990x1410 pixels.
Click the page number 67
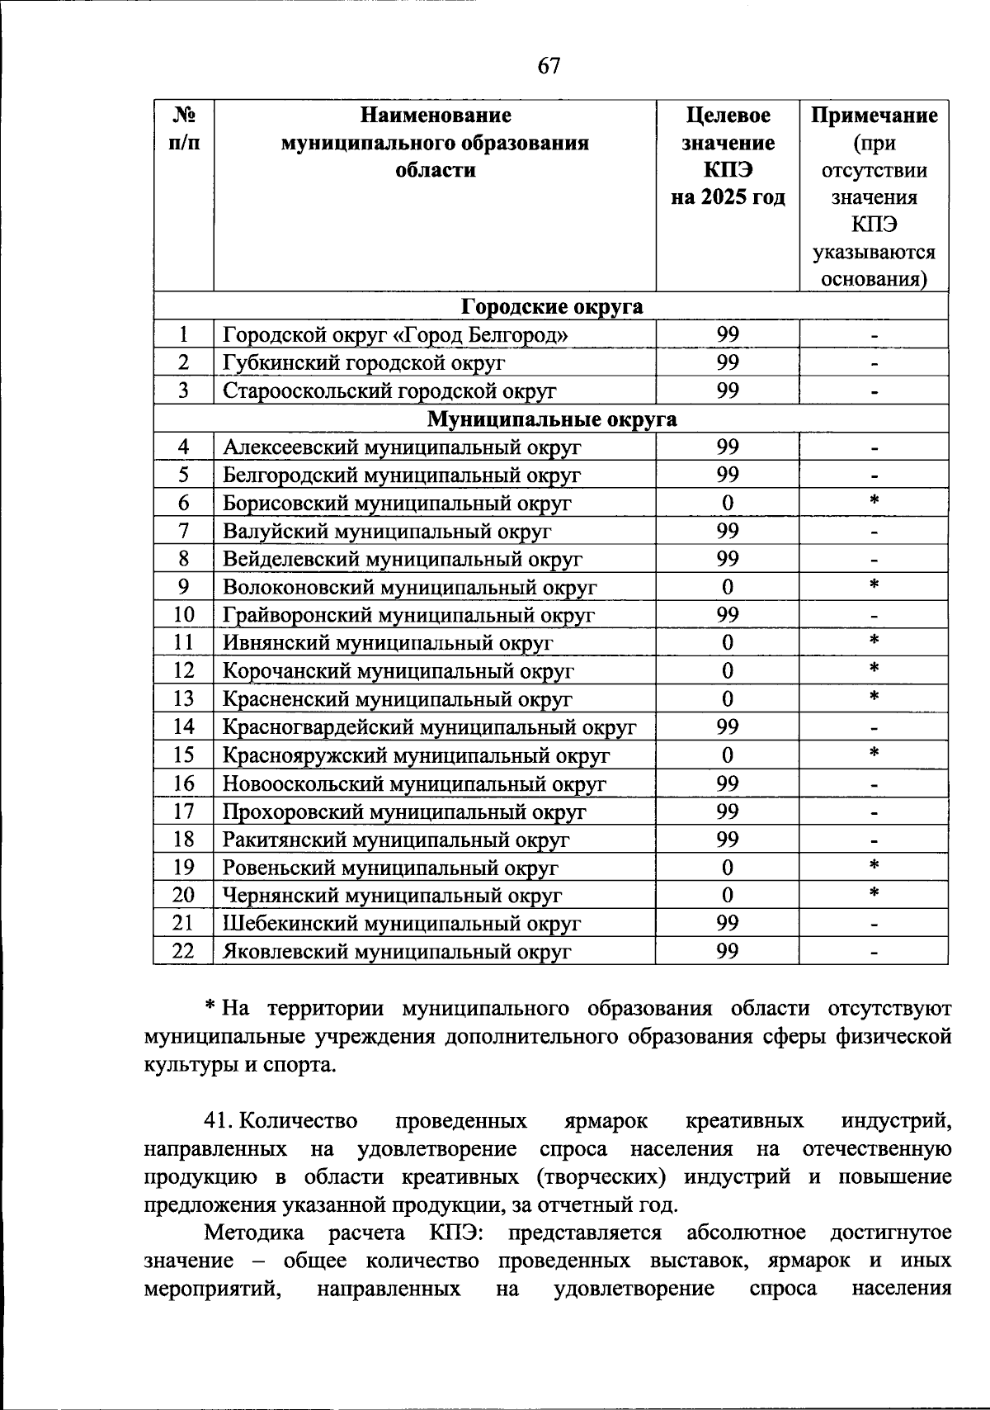click(x=549, y=66)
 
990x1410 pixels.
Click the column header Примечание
click(x=874, y=116)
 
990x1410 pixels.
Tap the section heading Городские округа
click(x=551, y=307)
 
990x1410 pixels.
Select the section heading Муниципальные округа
click(x=551, y=419)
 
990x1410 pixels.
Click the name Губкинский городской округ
click(x=364, y=363)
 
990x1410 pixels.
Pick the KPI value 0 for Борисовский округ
click(x=727, y=503)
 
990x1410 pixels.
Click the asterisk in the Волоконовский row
click(x=874, y=585)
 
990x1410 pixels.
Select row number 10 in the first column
click(x=183, y=615)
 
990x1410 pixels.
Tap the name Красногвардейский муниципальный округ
click(x=429, y=727)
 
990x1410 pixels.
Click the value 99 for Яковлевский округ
click(x=727, y=952)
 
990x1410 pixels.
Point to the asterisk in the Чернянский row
click(x=874, y=893)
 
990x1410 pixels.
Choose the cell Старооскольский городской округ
click(x=389, y=391)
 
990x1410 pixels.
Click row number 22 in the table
click(x=183, y=952)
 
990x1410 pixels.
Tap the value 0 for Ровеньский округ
click(x=727, y=868)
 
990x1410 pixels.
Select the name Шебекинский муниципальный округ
click(x=402, y=924)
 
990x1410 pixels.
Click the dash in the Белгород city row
click(x=874, y=336)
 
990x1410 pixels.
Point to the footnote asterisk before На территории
click(x=210, y=1008)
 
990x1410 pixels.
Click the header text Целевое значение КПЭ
click(x=727, y=143)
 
